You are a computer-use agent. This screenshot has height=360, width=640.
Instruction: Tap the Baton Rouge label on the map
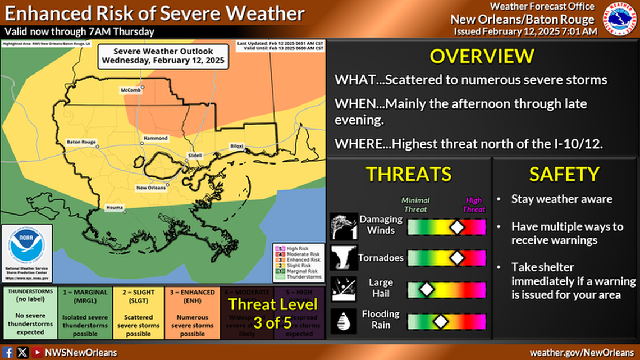point(81,142)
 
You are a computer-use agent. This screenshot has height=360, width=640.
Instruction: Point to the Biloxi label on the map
point(237,146)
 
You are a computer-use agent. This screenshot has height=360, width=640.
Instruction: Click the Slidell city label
point(195,155)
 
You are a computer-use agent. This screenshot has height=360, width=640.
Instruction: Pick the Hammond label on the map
point(156,138)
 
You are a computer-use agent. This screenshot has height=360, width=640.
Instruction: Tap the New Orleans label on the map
point(150,187)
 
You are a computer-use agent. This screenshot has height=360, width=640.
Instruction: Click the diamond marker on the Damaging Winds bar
point(458,227)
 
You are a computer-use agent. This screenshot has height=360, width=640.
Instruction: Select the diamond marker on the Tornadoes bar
point(458,258)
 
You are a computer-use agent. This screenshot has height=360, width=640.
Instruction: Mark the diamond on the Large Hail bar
point(427,290)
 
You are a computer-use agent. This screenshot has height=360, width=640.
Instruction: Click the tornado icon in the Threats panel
point(344,258)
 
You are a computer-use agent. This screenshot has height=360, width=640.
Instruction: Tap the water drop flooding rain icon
point(344,321)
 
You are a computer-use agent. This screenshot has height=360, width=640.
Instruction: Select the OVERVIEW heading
point(482,56)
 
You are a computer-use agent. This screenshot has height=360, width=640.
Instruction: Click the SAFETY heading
point(564,174)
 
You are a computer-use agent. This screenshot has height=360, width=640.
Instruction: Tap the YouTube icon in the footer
point(37,352)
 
